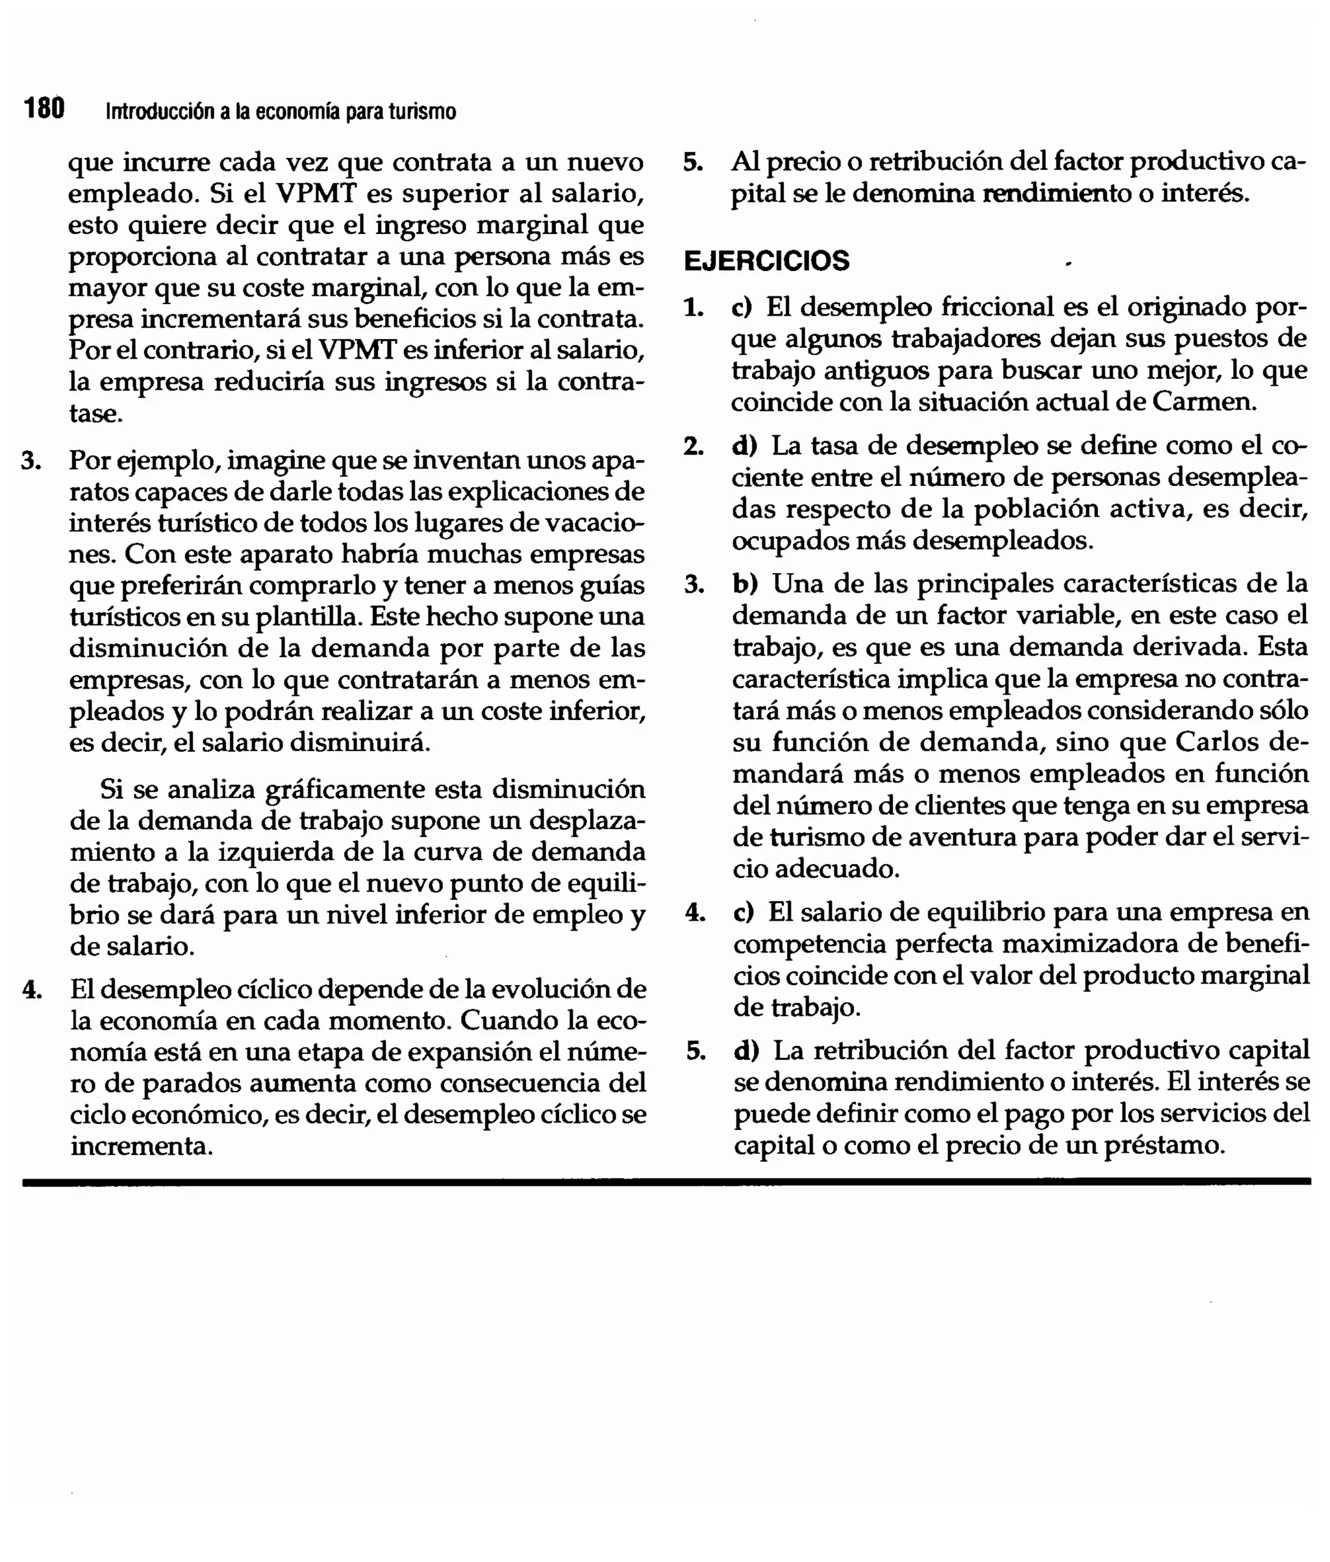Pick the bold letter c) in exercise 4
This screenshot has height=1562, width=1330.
[743, 912]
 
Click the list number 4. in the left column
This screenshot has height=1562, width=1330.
[32, 989]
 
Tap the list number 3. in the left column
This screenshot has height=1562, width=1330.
[31, 460]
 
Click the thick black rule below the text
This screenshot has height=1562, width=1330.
[666, 1182]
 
